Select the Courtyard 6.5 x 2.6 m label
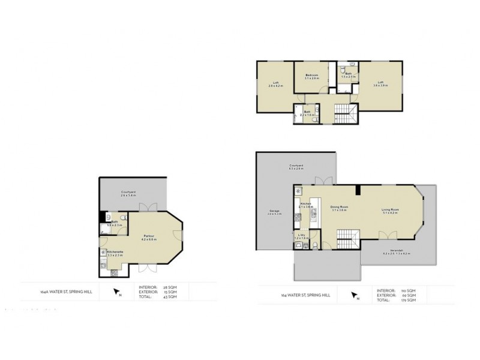(295, 167)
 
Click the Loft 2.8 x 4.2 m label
(276, 84)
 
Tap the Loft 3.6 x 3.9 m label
(380, 84)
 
